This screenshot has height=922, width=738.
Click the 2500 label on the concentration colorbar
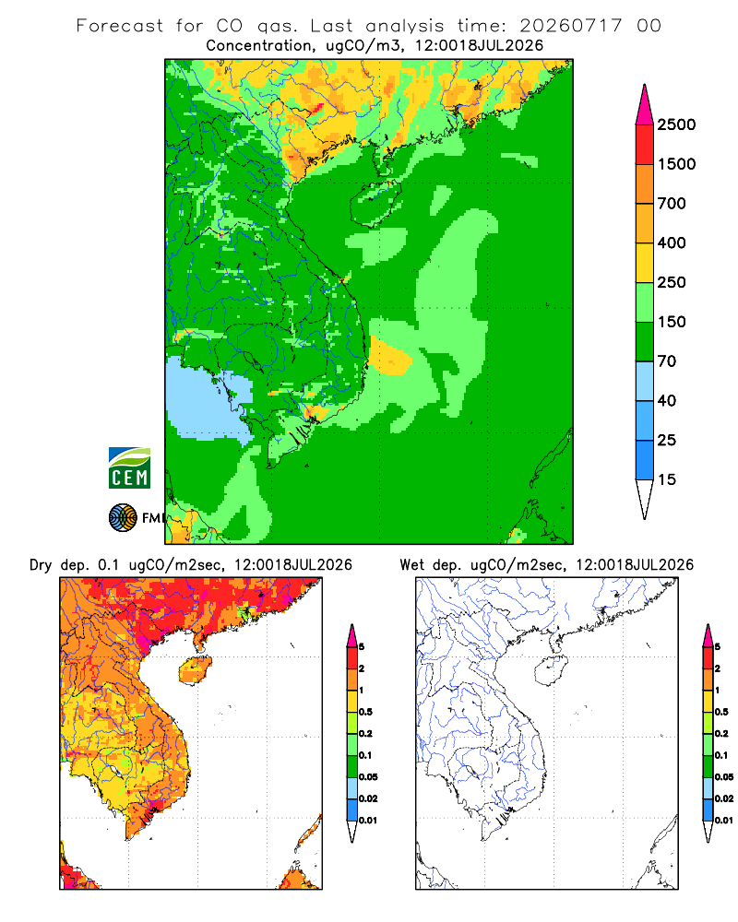click(676, 124)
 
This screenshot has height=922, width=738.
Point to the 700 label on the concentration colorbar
click(672, 204)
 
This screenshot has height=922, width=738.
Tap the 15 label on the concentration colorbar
click(666, 479)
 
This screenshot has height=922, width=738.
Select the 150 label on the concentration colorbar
click(672, 322)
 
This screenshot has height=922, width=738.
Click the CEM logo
click(129, 467)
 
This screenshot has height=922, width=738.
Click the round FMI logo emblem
click(123, 517)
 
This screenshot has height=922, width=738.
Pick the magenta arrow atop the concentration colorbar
click(645, 104)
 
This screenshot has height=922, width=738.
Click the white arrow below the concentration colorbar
click(645, 499)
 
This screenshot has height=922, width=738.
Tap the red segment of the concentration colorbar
click(645, 145)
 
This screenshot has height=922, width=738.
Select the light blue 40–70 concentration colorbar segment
click(645, 381)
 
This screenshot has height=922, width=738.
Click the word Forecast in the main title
click(120, 26)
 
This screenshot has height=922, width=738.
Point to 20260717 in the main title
click(570, 26)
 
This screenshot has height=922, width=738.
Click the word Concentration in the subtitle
click(259, 46)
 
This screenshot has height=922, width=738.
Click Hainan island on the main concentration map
click(375, 203)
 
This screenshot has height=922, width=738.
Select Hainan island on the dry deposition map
click(195, 670)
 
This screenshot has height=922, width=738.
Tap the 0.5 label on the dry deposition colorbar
click(365, 712)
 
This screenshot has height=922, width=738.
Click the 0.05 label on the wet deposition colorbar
click(724, 777)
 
